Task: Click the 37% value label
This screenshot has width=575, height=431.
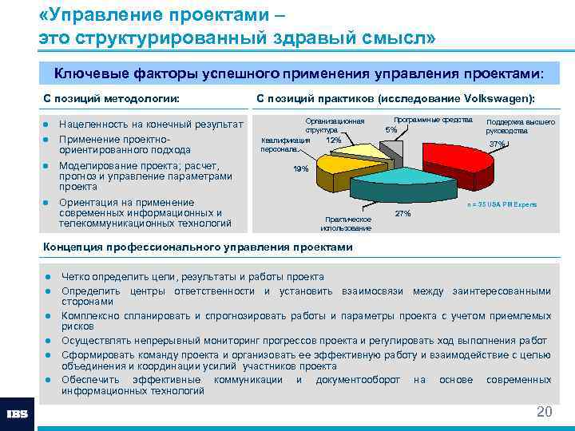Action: [498, 144]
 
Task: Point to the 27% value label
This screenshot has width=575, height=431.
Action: [403, 214]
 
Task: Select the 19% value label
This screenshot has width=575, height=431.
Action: [301, 169]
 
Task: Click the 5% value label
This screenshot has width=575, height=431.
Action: [391, 129]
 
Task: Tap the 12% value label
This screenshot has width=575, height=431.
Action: [333, 140]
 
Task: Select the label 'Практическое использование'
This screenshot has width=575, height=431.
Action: [346, 223]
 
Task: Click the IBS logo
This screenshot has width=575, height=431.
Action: [18, 414]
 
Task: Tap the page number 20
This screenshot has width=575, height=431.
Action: [544, 412]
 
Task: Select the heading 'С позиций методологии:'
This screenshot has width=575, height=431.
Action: [110, 98]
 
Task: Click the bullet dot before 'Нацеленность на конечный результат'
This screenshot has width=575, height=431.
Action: [48, 125]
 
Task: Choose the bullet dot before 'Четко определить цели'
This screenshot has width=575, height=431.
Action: [48, 277]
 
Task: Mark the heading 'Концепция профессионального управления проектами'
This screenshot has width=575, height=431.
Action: [196, 247]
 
